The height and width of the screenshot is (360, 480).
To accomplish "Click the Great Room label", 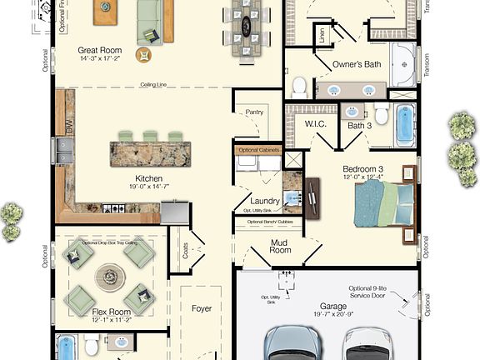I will pos(101,49).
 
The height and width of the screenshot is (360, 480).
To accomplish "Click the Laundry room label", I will pos(264,201).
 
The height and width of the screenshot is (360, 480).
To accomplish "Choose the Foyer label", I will pos(202,308).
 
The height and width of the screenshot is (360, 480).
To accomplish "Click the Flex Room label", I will pos(111,312).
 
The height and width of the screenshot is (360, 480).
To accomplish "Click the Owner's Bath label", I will pos(357,64).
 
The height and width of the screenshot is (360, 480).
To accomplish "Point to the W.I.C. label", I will pos(315,125).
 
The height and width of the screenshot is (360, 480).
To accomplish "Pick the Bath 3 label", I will pos(359,126).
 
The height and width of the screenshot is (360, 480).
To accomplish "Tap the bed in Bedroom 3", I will pos(384,204).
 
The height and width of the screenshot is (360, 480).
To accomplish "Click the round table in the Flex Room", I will pos(110,273).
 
